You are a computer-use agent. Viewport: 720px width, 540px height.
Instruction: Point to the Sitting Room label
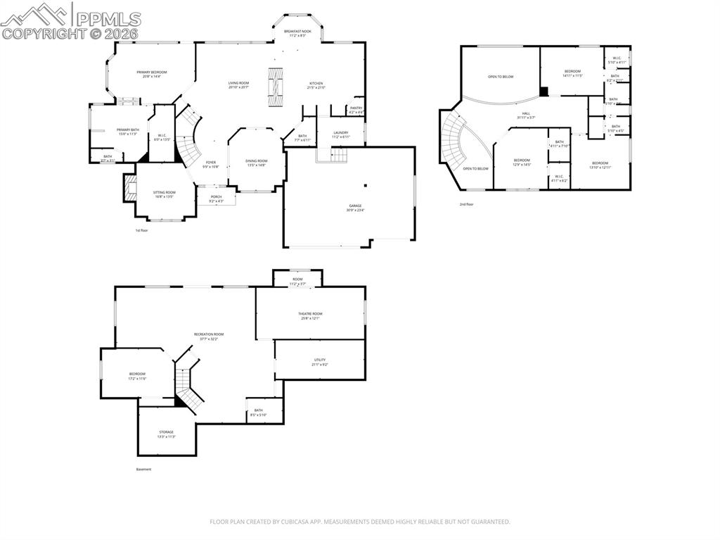pos(165,194)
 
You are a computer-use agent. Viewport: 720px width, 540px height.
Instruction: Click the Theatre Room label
pos(310,315)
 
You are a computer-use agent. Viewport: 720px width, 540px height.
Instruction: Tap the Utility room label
pos(320,362)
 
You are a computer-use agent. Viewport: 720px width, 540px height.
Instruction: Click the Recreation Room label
pos(209,336)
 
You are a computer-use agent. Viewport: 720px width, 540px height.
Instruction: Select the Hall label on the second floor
pos(526,115)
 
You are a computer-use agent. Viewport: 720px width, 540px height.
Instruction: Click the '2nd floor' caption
pos(467,204)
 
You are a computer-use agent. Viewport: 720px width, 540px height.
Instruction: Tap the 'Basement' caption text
pos(143,469)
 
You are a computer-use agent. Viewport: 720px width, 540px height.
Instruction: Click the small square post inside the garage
pos(366,185)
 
